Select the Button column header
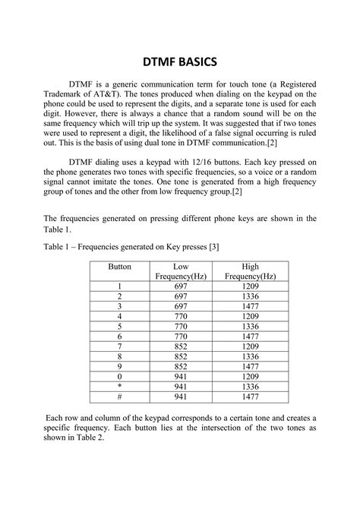coord(119,267)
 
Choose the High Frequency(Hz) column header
coord(250,273)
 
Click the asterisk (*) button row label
coord(119,386)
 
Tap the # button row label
coord(119,397)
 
